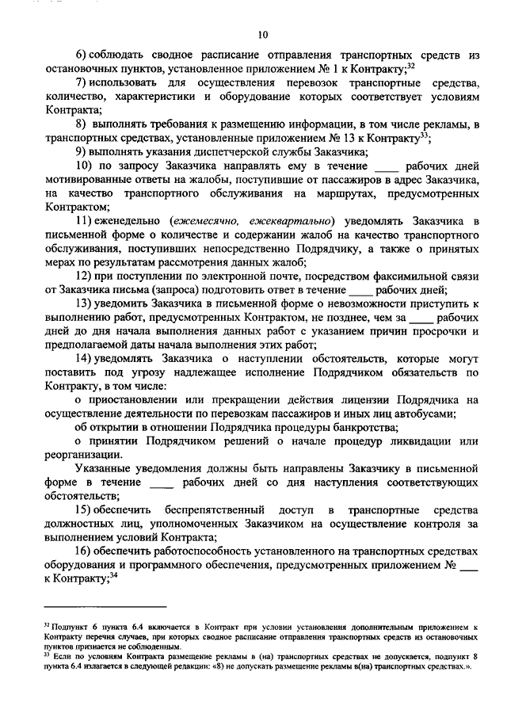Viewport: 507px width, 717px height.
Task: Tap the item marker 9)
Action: tap(81, 151)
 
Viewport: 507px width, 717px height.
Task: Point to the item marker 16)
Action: tap(83, 551)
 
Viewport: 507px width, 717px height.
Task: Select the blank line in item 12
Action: tap(361, 290)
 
